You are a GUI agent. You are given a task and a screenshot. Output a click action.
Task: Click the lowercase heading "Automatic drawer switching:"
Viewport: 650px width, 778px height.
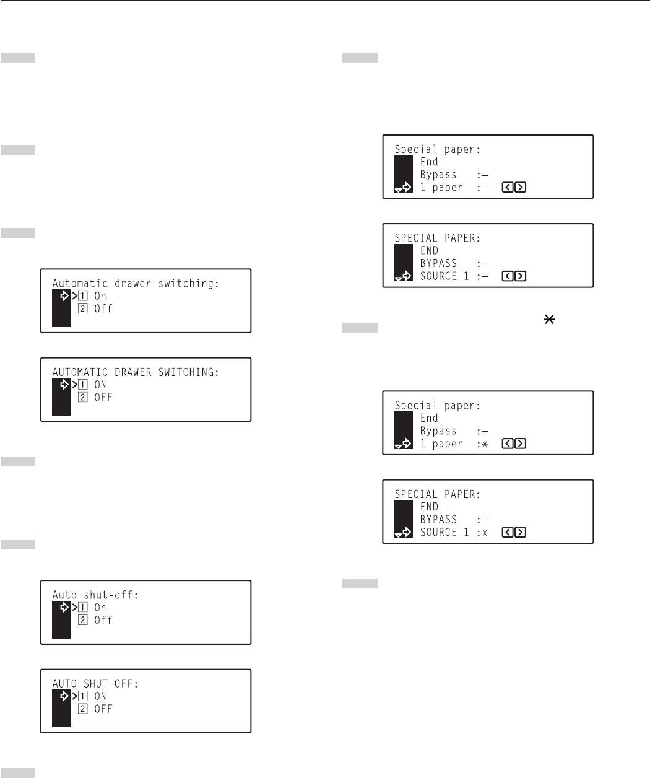136,284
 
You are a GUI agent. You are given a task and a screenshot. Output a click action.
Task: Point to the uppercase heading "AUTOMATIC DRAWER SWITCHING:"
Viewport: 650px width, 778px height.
136,372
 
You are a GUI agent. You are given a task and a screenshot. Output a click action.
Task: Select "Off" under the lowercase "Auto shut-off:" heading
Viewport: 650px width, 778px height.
103,620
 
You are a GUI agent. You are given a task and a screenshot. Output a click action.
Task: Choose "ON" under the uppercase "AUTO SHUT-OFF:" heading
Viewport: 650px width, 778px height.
100,696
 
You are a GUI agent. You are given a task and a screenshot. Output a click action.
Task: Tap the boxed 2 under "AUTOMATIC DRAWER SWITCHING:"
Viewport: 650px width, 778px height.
82,398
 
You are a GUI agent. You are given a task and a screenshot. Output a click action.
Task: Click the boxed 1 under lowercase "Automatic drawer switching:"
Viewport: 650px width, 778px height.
82,296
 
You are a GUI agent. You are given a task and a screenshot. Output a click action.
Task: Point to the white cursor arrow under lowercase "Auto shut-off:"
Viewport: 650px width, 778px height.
63,608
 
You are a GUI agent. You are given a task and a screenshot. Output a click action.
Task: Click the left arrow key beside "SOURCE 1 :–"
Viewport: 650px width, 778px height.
508,276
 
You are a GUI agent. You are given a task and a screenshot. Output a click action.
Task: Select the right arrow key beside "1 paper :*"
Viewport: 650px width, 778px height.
521,444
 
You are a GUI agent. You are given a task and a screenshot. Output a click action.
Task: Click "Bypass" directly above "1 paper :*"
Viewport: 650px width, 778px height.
438,431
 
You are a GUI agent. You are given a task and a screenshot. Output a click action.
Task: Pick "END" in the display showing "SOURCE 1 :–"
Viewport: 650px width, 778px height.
429,251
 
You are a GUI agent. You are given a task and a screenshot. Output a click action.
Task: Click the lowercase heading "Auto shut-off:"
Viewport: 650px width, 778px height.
95,595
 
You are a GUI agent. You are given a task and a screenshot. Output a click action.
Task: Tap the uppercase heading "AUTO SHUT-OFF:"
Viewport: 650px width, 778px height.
95,684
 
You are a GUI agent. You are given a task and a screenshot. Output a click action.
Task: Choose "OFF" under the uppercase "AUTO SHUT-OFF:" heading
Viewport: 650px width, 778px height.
103,709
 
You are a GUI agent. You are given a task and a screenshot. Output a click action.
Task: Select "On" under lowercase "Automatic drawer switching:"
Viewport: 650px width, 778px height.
100,296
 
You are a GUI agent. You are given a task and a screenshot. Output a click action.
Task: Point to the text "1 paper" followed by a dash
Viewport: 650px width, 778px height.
441,188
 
